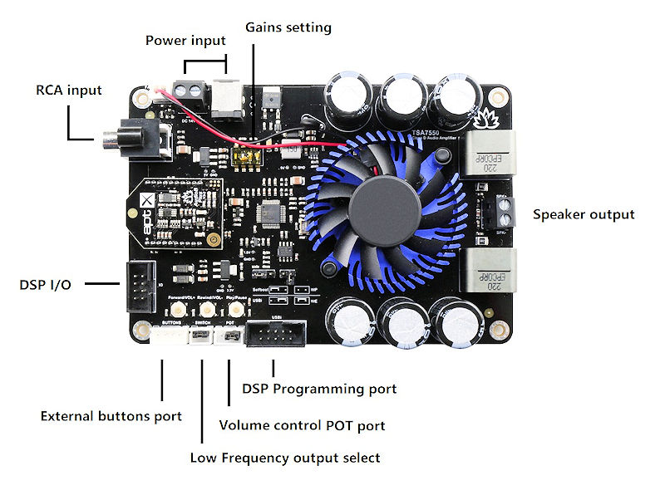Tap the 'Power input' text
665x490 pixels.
[x=185, y=40]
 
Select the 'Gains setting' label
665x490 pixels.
[x=288, y=27]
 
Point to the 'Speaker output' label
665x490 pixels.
[x=583, y=214]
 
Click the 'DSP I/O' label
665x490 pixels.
[x=45, y=285]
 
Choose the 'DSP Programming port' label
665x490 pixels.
[x=318, y=388]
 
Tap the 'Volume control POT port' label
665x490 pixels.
[x=302, y=425]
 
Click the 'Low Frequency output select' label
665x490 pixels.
[x=284, y=457]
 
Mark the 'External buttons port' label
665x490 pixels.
[x=111, y=415]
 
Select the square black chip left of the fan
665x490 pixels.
[x=272, y=213]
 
